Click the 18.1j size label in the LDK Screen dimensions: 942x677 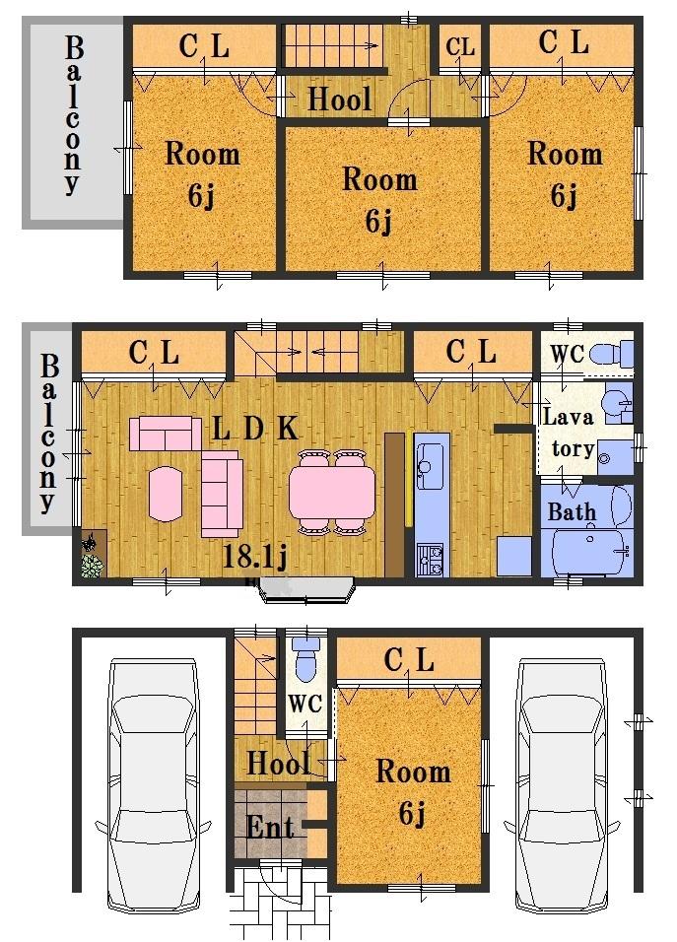[x=254, y=558]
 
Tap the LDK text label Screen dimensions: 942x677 [x=255, y=429]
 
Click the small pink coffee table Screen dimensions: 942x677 [x=165, y=493]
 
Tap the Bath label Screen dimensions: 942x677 [x=572, y=512]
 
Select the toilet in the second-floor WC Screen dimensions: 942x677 [x=615, y=354]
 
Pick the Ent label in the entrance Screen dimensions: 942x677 [x=270, y=826]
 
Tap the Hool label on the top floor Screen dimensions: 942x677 [x=340, y=99]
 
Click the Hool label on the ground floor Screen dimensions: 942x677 [x=278, y=762]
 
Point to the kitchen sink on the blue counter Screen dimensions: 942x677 [x=431, y=467]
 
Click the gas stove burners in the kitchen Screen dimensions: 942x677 [x=431, y=561]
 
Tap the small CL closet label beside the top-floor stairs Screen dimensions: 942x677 [x=460, y=46]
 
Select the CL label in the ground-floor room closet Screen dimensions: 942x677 [x=409, y=661]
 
